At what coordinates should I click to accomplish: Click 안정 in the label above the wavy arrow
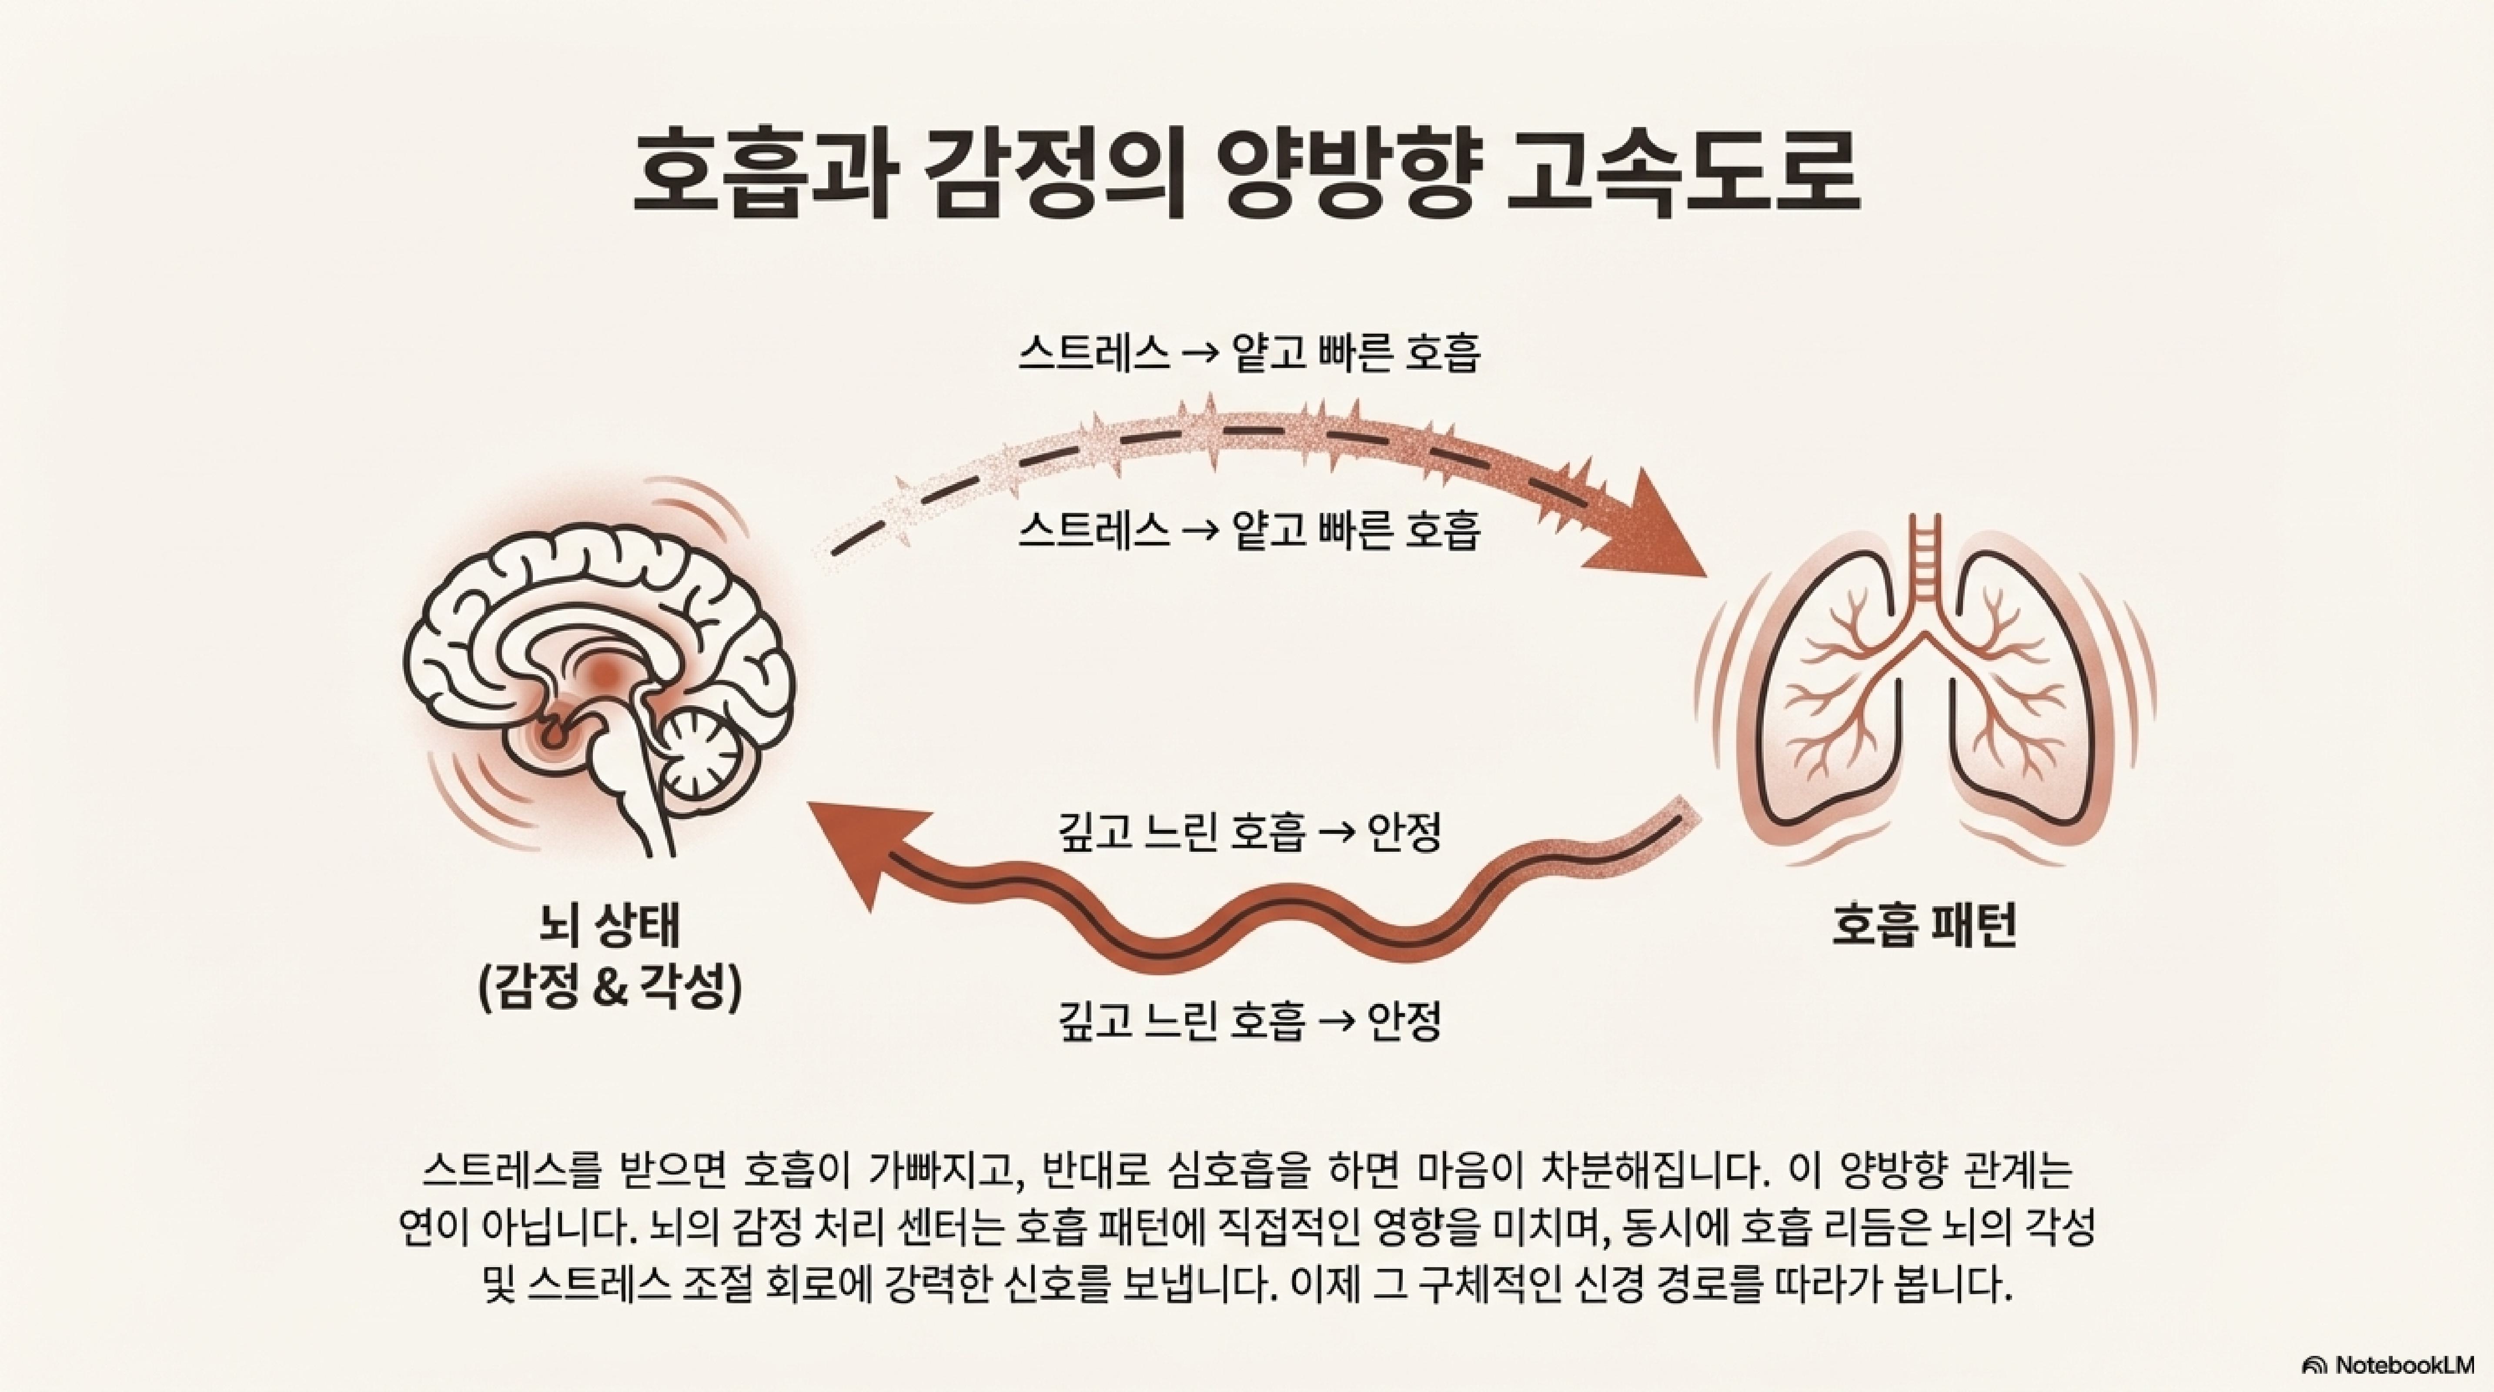click(x=1404, y=833)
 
